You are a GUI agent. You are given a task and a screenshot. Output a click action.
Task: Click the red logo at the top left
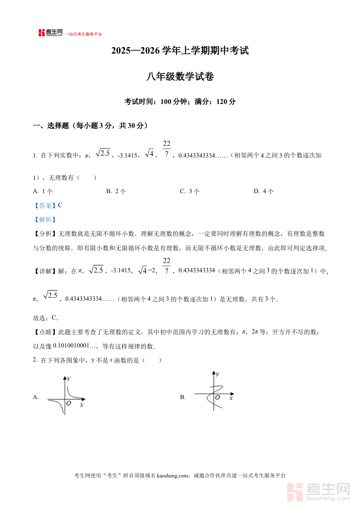point(42,33)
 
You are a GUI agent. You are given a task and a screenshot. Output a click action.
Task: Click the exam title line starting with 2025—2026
point(180,51)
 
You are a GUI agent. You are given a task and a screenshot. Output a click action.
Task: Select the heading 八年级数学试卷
point(180,76)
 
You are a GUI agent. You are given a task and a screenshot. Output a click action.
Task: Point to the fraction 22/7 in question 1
point(167,149)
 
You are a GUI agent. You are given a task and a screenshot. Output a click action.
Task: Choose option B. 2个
point(116,191)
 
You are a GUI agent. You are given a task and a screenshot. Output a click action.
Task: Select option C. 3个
point(190,191)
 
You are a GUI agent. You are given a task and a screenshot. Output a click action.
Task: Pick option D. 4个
point(264,191)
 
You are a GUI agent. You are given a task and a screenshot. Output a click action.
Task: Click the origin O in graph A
point(69,403)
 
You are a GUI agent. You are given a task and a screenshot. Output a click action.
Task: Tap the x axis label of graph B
point(231,399)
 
